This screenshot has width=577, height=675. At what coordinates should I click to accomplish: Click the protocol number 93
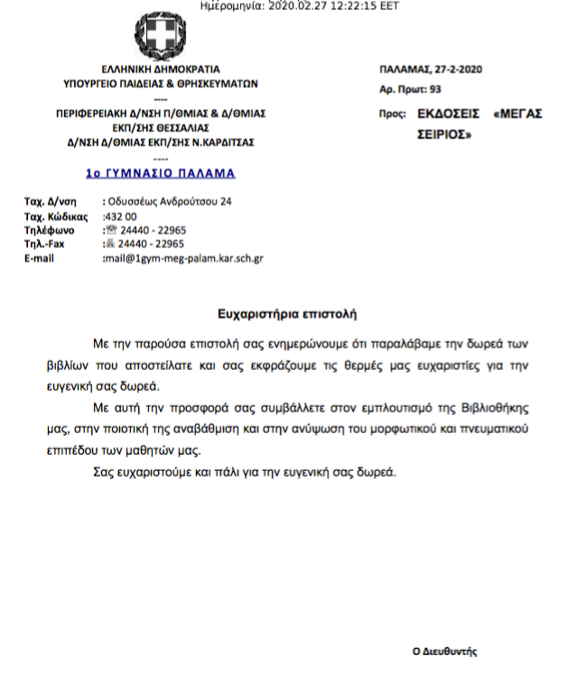coord(436,89)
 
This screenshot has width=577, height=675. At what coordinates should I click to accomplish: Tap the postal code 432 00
coord(122,217)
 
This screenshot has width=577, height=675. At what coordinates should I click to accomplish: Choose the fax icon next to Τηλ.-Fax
coord(112,243)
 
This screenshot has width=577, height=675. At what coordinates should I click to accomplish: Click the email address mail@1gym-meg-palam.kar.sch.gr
coord(183,258)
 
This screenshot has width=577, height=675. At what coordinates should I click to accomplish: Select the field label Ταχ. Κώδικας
coord(54,217)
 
